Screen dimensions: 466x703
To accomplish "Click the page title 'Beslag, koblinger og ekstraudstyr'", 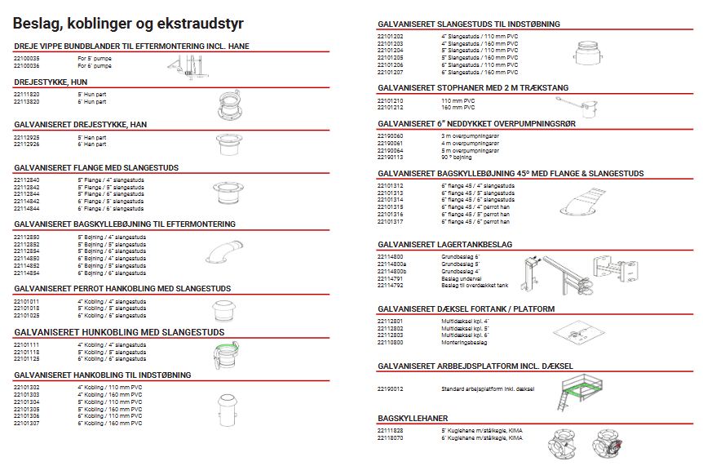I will tap(128, 24).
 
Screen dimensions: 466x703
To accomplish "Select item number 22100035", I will tap(27, 59).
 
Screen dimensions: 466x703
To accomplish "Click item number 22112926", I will tap(27, 144).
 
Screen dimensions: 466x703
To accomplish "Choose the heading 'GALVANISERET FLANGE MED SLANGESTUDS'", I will tap(96, 167).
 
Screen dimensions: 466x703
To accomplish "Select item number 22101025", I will tap(27, 314).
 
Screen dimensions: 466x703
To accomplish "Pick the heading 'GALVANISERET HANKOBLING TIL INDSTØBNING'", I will tap(102, 375).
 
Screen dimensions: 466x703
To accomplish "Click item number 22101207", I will tap(391, 73).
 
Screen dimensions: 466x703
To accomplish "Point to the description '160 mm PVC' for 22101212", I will tap(458, 107).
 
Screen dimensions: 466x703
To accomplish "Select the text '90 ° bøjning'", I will tap(457, 157).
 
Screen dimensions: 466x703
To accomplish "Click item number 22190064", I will tap(391, 151).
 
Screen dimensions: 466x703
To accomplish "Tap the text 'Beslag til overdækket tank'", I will tap(475, 286).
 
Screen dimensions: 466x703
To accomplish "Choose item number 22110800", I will tap(391, 341).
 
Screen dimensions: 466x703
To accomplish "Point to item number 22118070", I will tap(391, 437).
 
